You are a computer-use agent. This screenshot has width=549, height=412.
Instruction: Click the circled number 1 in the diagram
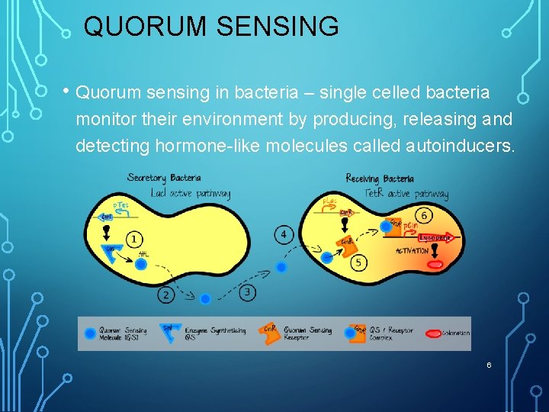(134, 240)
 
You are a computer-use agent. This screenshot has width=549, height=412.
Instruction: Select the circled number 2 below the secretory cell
(166, 295)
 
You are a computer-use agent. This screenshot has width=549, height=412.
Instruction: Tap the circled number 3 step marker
(247, 292)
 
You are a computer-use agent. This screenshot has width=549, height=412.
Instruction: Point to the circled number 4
(284, 234)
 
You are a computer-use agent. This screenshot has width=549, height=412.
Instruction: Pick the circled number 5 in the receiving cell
(359, 262)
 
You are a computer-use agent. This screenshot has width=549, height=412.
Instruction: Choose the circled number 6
(425, 217)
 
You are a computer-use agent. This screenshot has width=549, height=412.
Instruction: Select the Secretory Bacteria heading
(165, 178)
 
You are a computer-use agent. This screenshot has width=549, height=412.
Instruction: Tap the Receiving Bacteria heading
(380, 179)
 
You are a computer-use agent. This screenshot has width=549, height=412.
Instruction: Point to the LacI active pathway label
(190, 193)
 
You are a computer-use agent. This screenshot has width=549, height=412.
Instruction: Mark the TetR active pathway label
(407, 195)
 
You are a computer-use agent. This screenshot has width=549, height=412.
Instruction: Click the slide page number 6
(489, 365)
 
